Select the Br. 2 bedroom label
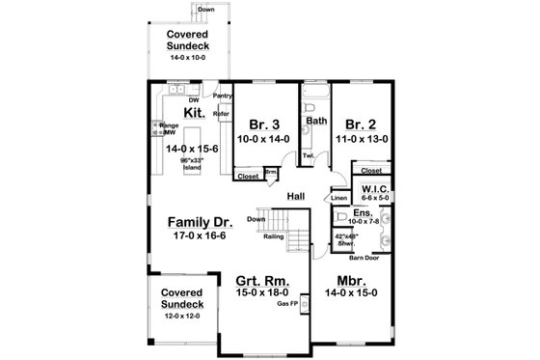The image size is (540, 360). (359, 125)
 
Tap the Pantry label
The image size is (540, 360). (223, 96)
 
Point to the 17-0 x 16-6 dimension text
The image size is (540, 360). (196, 235)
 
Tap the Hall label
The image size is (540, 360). (298, 196)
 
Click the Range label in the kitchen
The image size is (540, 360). (169, 125)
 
